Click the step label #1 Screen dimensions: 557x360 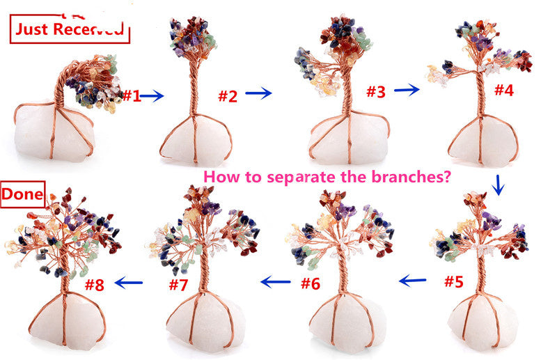point(132,95)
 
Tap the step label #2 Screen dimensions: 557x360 point(228,96)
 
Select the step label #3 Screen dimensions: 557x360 point(376,92)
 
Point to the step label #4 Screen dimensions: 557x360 point(504,90)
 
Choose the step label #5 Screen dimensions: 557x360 point(454,281)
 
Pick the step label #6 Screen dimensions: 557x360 point(311,283)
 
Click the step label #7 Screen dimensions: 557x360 point(178,284)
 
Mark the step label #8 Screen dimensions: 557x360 point(95,285)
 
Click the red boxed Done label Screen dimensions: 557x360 point(23,194)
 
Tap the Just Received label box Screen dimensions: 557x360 point(70,29)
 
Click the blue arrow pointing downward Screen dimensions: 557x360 point(499,185)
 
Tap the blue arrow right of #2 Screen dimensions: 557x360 point(258,93)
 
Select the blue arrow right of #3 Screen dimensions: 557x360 point(407,90)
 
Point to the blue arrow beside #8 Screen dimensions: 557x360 point(129,283)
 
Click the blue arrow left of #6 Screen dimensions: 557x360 point(275,282)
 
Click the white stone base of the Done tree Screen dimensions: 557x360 point(67,319)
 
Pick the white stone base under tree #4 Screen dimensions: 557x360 point(483,141)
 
